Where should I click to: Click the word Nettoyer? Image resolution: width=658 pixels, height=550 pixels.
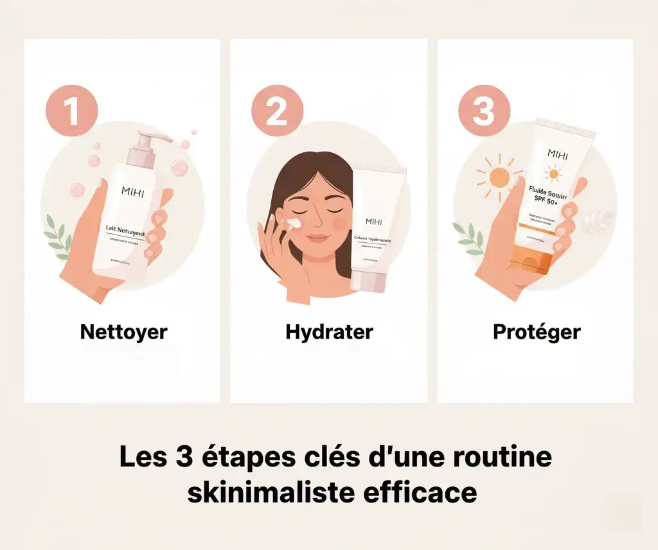123,332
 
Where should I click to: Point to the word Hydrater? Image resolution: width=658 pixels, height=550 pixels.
329,332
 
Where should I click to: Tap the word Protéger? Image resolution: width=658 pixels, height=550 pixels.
537,332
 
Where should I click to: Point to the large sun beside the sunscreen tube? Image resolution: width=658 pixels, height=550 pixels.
497,177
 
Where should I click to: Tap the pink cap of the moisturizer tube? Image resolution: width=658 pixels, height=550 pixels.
369,281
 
